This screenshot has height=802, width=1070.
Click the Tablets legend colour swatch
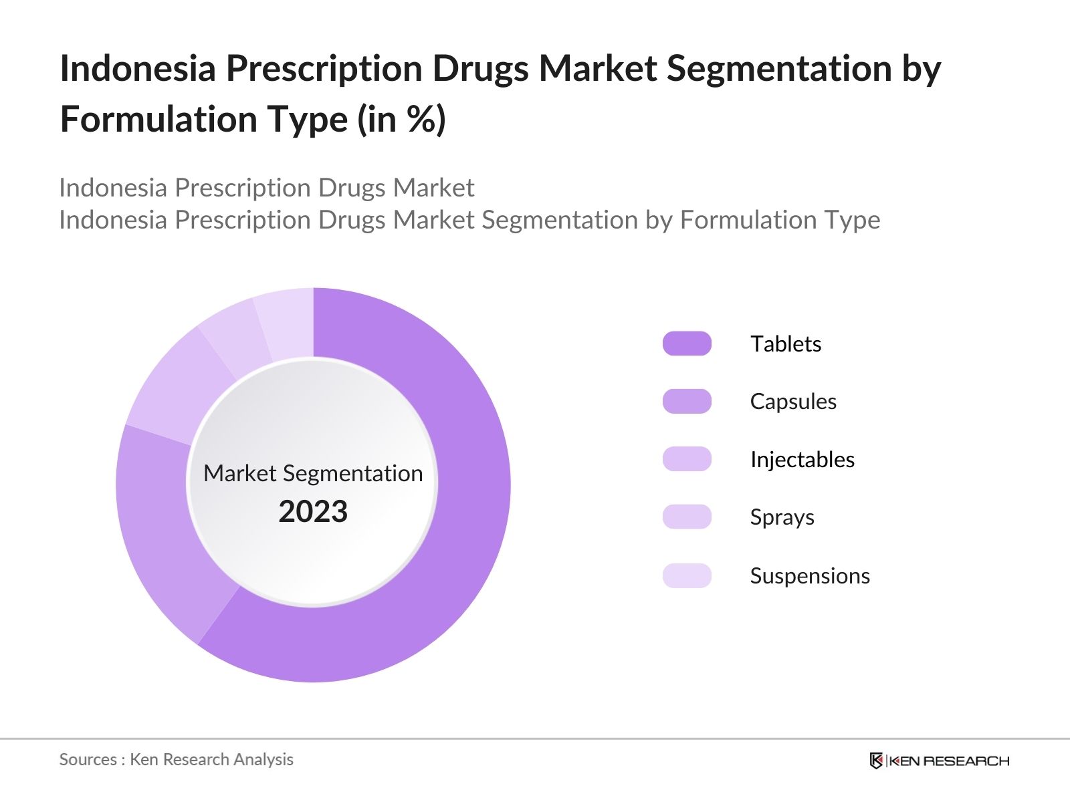687,344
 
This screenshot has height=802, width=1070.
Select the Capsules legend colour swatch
687,401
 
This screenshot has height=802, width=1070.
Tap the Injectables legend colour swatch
687,459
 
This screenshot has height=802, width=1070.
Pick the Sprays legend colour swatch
687,517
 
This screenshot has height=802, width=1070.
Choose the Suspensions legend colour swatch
687,575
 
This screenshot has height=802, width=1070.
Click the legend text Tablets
785,344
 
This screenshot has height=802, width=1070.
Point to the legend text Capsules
793,401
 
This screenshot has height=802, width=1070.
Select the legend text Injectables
802,459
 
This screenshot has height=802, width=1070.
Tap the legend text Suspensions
810,575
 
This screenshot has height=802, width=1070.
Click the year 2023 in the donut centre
313,511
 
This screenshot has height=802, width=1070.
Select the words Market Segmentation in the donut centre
313,473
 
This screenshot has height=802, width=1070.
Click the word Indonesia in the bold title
138,68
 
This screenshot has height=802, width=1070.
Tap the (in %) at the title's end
401,120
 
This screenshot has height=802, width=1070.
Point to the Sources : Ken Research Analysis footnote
176,759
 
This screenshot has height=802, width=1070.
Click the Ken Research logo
939,761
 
